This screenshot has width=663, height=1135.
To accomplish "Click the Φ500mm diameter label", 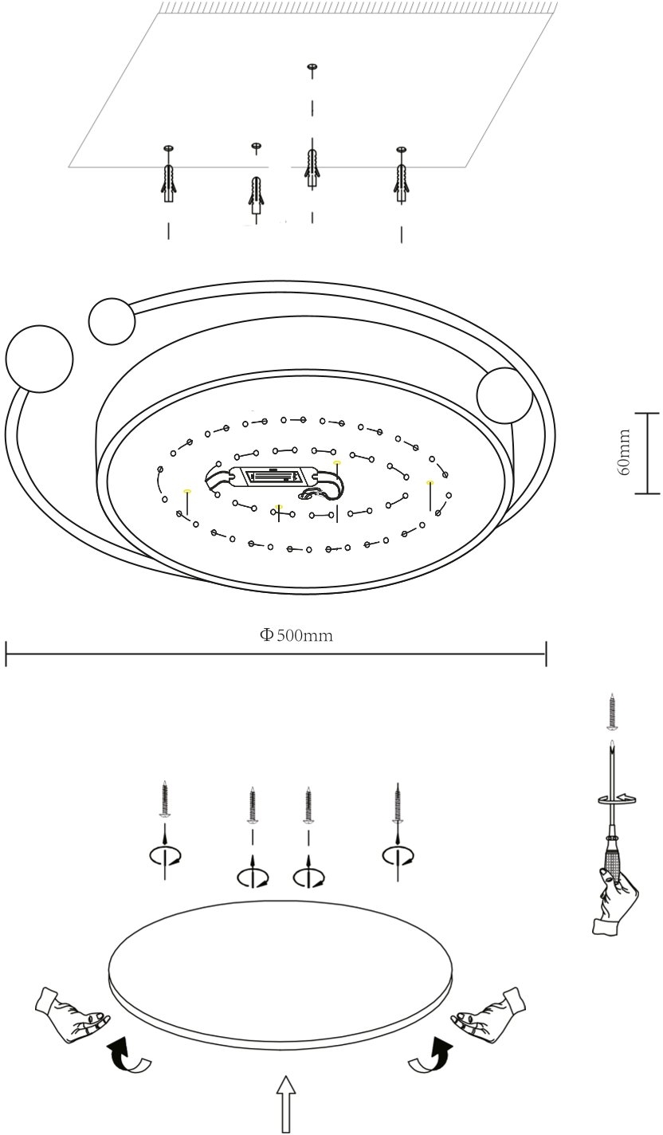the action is coord(296,635).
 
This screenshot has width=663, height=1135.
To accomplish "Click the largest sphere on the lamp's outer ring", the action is coord(39,359).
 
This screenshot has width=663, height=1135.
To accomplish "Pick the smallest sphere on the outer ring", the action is coord(112,321).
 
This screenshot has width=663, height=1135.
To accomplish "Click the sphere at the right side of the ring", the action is coord(504,395).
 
